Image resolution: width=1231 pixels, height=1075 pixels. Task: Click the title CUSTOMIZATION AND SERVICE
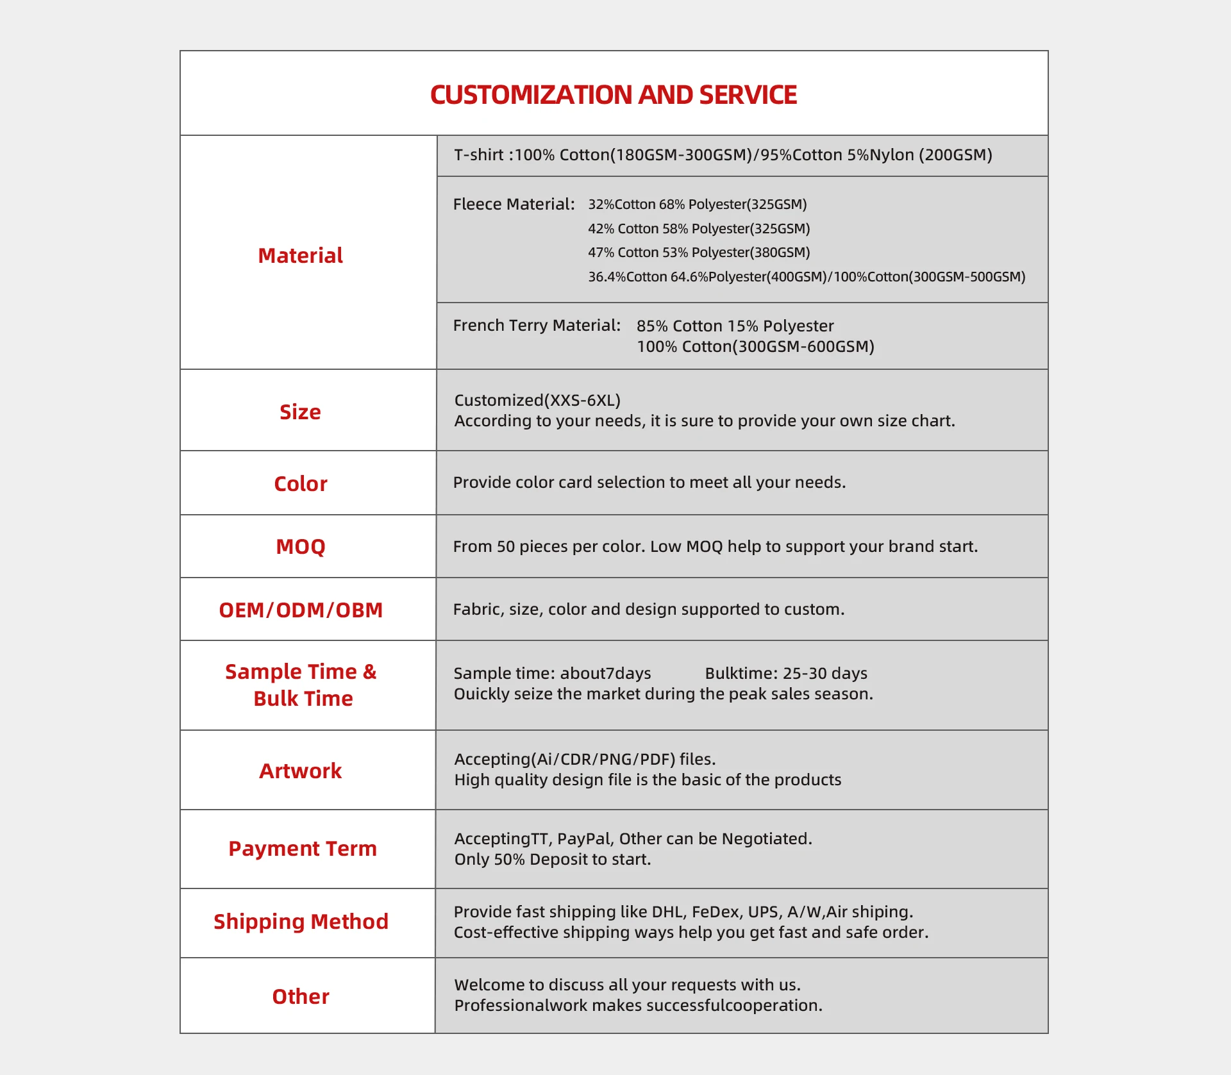coord(613,95)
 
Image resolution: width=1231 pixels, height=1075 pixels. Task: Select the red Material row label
coord(300,256)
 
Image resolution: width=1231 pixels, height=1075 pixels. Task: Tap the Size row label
coord(300,412)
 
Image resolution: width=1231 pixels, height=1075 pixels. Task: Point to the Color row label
coord(300,483)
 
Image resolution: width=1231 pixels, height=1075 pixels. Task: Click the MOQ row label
coord(300,547)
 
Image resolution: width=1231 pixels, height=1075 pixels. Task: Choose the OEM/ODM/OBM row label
coord(300,610)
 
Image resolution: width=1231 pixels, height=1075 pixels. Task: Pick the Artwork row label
coord(300,771)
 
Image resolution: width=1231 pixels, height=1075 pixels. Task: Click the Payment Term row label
coord(303,849)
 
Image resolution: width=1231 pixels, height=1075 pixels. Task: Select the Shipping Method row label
coord(301,922)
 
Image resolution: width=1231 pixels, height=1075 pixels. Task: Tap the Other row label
coord(300,997)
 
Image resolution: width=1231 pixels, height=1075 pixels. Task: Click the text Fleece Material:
coord(514,204)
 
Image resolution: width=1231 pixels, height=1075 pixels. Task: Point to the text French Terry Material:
coord(537,326)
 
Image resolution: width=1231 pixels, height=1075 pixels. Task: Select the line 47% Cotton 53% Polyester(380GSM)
coord(699,253)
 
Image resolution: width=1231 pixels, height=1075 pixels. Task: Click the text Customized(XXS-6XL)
coord(537,401)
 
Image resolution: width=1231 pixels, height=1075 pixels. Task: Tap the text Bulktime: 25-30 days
coord(786,674)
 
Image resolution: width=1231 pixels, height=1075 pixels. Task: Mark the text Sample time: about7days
coord(552,674)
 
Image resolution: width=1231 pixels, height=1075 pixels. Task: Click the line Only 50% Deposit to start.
coord(553,860)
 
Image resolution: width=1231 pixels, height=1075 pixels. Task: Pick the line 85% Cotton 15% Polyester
coord(735,326)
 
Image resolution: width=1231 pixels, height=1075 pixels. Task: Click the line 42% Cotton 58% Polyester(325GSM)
coord(699,229)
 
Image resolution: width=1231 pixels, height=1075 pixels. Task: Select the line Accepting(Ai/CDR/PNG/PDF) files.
coord(585,760)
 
